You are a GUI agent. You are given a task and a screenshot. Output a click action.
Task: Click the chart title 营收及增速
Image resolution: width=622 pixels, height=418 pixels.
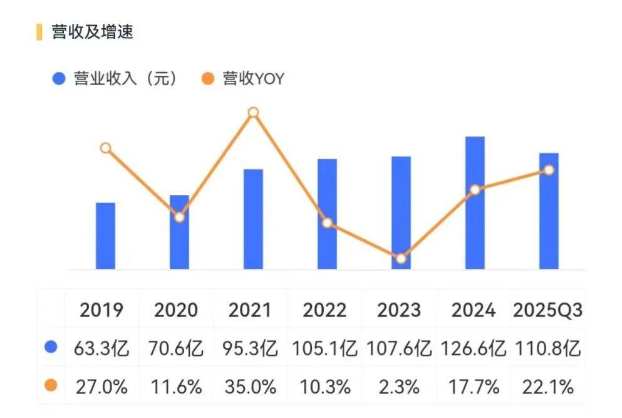tap(92, 32)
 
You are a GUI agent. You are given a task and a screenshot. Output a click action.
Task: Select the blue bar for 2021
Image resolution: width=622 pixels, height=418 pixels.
tap(253, 219)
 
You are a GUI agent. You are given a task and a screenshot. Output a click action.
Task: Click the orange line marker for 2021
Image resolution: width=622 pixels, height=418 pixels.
tap(253, 113)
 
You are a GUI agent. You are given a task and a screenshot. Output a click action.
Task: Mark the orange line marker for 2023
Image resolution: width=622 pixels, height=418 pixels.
tap(401, 258)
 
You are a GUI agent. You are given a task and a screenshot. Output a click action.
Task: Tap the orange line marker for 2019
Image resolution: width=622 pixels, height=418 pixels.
tap(105, 148)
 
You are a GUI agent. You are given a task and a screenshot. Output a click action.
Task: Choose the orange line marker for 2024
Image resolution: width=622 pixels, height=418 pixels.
tap(475, 189)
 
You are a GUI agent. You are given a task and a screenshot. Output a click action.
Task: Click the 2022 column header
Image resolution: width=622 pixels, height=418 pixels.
tap(325, 310)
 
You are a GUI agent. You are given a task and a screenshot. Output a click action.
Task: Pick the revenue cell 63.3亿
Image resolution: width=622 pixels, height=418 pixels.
tap(101, 348)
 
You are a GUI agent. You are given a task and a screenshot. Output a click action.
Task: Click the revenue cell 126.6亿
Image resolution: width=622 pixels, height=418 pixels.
tap(474, 348)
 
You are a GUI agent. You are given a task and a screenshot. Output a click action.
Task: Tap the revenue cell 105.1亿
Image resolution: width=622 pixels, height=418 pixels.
tap(325, 348)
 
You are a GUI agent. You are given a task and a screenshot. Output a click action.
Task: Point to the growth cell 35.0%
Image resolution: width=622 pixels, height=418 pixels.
tap(251, 387)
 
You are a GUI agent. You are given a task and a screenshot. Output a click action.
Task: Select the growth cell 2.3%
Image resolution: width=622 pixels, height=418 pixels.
tap(400, 387)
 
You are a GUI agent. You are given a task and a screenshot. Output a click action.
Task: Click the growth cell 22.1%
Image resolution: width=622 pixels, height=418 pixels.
tap(547, 387)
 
